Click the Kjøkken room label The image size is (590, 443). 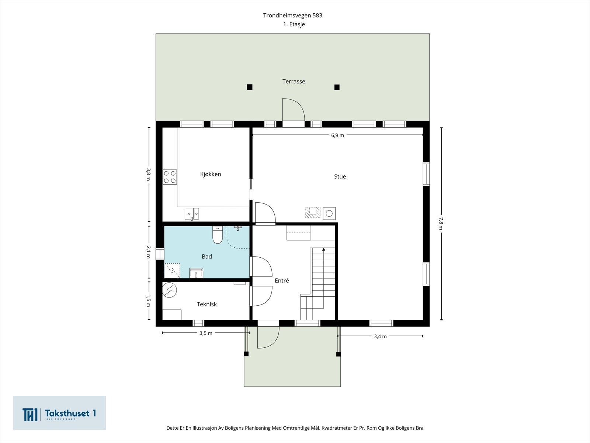click(x=211, y=174)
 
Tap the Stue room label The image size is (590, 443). click(x=340, y=176)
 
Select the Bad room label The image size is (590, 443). click(x=207, y=257)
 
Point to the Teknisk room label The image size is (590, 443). click(x=207, y=304)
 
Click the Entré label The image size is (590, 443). click(x=282, y=281)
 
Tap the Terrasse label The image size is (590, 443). click(x=294, y=82)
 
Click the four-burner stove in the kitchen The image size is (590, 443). click(x=170, y=177)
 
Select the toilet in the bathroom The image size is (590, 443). click(x=218, y=235)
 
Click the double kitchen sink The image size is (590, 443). click(x=192, y=214)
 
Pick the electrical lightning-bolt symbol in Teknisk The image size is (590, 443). click(x=170, y=290)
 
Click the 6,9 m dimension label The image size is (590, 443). click(x=337, y=135)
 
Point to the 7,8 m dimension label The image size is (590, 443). click(x=441, y=223)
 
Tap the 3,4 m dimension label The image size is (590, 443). click(x=380, y=336)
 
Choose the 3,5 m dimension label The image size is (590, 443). click(x=206, y=333)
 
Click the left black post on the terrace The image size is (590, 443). click(x=249, y=87)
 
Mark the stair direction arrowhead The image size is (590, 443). click(x=324, y=249)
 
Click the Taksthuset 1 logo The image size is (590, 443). click(x=59, y=413)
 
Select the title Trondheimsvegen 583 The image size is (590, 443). click(x=292, y=16)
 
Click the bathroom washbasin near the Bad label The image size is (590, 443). click(x=196, y=273)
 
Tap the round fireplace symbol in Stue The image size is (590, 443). click(x=329, y=214)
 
